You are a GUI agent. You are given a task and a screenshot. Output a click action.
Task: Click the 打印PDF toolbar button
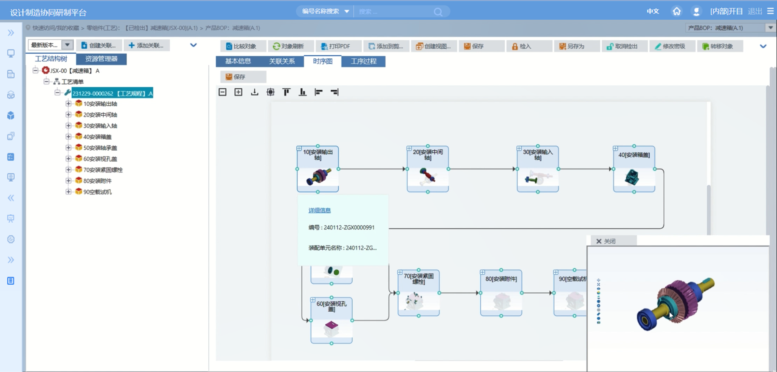pos(335,46)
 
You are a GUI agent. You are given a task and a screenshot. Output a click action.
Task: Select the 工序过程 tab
pos(363,61)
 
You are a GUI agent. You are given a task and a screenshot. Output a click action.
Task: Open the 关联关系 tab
pos(282,61)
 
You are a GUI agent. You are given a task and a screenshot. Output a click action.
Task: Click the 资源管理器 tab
pos(101,59)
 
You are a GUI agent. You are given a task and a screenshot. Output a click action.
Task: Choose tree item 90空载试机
pos(97,192)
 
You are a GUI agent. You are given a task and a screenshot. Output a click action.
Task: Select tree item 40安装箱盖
pos(97,137)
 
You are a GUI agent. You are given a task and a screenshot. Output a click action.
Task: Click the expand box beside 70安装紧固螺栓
pos(68,169)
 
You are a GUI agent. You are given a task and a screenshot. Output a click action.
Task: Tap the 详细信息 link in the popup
pos(319,210)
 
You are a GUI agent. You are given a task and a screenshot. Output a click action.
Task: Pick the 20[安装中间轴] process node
pos(427,169)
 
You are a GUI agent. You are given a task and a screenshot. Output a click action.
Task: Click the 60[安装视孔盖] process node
pos(331,320)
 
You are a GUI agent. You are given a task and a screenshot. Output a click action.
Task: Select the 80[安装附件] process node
pos(501,293)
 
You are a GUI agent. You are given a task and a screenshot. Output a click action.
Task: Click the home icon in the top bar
pos(676,11)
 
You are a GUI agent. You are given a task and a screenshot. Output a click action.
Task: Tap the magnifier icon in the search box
pos(438,12)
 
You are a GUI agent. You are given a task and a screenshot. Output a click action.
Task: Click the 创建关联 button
pos(99,45)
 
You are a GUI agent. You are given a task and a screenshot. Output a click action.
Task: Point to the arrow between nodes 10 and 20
pos(373,169)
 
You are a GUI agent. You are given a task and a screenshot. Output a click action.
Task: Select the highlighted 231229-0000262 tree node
pos(112,93)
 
